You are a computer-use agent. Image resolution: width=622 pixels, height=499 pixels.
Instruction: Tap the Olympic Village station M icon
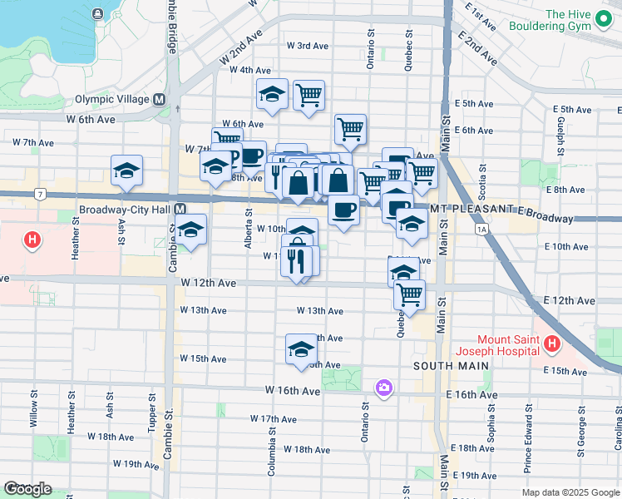(x=159, y=99)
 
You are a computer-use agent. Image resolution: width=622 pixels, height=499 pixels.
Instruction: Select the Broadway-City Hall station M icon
(x=180, y=210)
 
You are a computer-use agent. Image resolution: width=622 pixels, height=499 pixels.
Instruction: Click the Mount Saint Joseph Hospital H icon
(x=550, y=343)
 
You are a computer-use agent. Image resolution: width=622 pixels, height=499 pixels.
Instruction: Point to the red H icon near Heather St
(x=32, y=241)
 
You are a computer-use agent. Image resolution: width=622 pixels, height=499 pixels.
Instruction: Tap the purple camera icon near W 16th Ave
(x=383, y=387)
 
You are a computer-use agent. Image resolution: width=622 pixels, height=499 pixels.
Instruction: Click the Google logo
(x=27, y=489)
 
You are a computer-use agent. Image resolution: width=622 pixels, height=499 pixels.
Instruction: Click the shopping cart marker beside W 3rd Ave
(x=309, y=95)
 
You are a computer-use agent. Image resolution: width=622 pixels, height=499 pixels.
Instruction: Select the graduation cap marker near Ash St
(x=126, y=170)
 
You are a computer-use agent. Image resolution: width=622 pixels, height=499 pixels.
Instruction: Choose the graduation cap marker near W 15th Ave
(x=301, y=349)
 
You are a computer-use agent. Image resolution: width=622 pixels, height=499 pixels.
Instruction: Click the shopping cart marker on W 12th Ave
(x=409, y=294)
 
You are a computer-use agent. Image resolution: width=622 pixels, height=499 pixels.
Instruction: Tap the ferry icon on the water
(x=99, y=14)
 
